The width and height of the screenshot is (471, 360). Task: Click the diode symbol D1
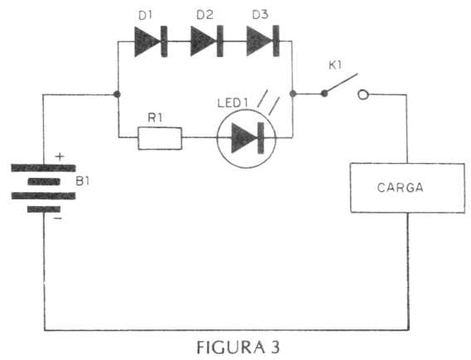(151, 41)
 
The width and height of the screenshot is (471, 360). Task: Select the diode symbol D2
(207, 41)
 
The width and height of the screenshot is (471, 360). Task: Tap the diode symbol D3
(263, 41)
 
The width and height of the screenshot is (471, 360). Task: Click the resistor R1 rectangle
(160, 138)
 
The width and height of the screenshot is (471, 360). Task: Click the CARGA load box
(407, 188)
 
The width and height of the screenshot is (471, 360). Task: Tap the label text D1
(146, 16)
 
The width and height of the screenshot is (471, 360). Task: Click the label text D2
(204, 15)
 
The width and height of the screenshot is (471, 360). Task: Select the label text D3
(260, 15)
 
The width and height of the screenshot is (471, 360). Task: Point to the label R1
(155, 118)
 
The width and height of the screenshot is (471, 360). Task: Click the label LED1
(233, 103)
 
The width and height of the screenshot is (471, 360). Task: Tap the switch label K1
(335, 65)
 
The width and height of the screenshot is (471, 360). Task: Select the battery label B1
(83, 181)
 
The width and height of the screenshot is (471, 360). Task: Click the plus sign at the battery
(60, 156)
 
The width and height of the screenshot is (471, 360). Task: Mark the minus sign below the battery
(58, 218)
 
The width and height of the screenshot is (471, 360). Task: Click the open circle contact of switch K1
(363, 94)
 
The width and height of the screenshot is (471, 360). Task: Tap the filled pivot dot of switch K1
(324, 94)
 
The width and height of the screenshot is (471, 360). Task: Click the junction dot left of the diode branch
(118, 94)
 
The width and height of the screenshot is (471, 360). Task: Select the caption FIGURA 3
(238, 348)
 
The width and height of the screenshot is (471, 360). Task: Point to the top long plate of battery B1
(43, 168)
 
